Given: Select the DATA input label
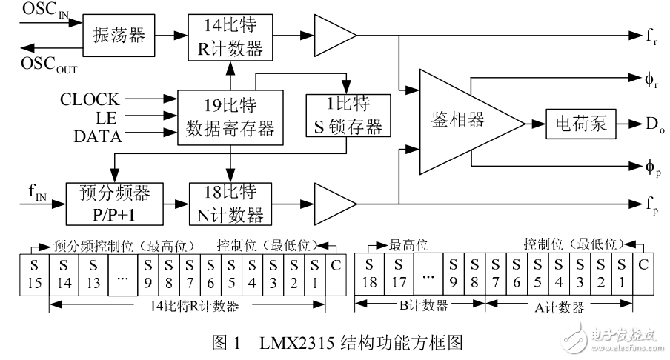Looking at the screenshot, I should click(x=98, y=136).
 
